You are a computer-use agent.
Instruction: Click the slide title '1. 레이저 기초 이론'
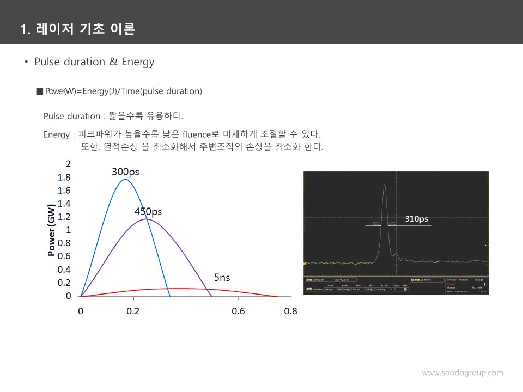click(77, 29)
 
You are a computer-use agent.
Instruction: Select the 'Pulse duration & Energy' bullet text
click(94, 62)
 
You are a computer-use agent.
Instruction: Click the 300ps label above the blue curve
click(125, 172)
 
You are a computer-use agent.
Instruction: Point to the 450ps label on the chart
click(148, 212)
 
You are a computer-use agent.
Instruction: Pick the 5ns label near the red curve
click(222, 278)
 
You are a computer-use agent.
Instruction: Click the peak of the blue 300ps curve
click(125, 179)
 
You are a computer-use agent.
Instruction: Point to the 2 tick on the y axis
click(68, 164)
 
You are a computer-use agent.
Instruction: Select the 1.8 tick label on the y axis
click(64, 177)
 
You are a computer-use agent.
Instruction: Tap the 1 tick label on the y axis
click(68, 230)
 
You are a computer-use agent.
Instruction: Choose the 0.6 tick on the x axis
click(238, 311)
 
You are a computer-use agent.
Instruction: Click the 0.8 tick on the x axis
click(291, 311)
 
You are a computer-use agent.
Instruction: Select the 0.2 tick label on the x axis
click(133, 311)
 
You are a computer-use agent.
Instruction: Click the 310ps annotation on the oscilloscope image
click(416, 219)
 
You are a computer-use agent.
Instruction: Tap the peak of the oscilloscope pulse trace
click(385, 185)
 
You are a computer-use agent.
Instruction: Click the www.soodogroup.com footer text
click(463, 373)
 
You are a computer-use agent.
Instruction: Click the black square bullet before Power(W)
click(39, 91)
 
